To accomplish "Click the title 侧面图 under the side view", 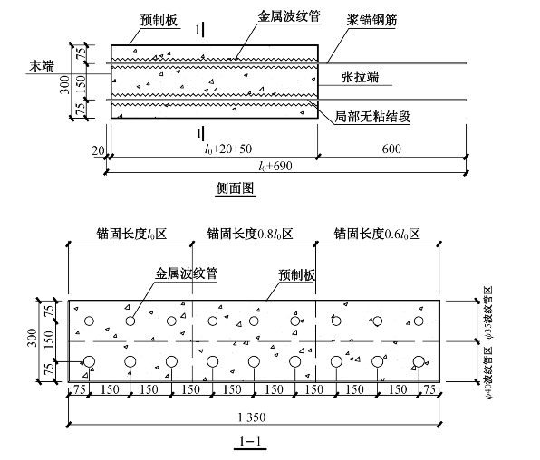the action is [x=236, y=188].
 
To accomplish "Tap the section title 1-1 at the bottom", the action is [x=250, y=441].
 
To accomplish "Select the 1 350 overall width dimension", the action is [x=252, y=417].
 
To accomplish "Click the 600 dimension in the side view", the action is [x=391, y=149].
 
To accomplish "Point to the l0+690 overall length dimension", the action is [x=275, y=166].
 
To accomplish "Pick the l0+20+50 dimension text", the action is [x=228, y=149].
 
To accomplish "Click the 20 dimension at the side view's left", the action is [x=98, y=150].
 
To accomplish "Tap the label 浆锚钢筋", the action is [x=371, y=20].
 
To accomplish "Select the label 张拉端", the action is [x=360, y=77].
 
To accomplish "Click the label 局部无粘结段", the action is [x=372, y=117].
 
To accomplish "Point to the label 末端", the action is [x=42, y=66].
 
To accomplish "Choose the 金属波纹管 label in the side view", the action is [x=289, y=16].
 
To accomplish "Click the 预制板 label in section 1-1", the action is [x=296, y=274].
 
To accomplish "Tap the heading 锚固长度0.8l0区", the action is [x=250, y=235].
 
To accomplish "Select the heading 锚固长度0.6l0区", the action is [x=377, y=235].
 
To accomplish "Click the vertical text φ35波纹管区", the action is [x=488, y=312].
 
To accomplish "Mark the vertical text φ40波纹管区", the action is [x=488, y=372].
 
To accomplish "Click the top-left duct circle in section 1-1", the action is [x=89, y=321].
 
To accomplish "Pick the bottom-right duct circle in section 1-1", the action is [x=419, y=362].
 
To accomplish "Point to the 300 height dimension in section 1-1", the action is [x=32, y=338].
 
